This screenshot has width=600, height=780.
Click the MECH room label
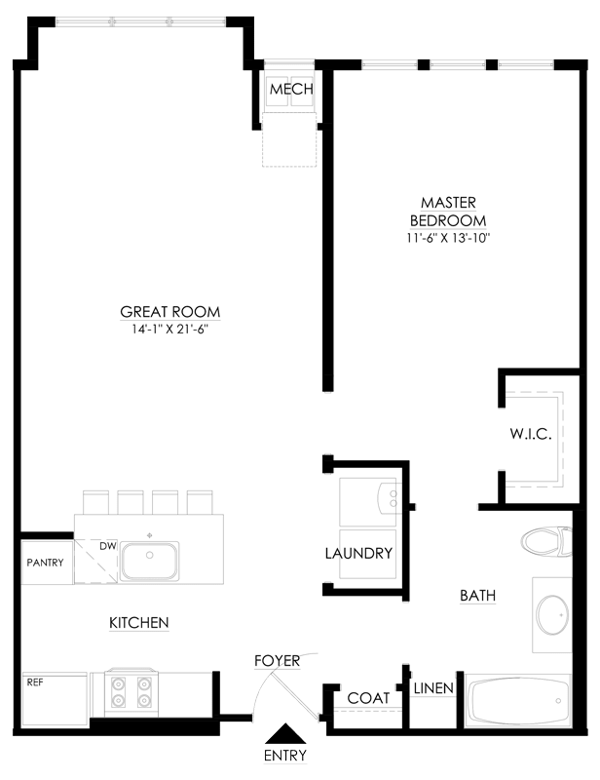click(291, 90)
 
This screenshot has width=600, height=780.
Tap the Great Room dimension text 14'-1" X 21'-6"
click(170, 330)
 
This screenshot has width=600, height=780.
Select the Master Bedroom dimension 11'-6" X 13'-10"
click(447, 238)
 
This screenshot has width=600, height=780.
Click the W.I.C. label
click(531, 434)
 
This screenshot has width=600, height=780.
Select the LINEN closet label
click(433, 688)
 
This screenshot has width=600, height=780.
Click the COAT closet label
click(368, 698)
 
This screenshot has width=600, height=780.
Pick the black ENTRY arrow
click(284, 734)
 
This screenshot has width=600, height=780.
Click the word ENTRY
click(284, 756)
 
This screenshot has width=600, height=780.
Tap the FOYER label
click(277, 661)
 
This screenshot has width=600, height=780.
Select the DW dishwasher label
click(108, 545)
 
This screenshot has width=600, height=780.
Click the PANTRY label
click(45, 564)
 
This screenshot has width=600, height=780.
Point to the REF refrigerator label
click(35, 682)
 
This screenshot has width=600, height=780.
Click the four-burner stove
click(131, 691)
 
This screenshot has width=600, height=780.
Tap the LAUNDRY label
click(358, 553)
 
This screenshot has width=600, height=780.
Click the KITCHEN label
click(139, 622)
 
